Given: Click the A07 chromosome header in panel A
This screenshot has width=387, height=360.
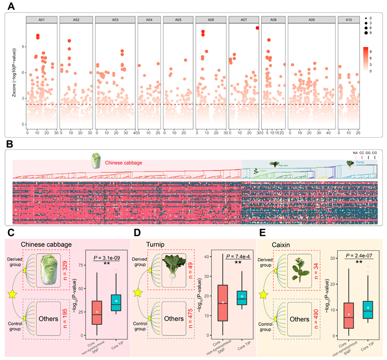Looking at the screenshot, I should [243, 20].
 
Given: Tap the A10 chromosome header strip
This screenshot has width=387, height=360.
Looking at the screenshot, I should [349, 20].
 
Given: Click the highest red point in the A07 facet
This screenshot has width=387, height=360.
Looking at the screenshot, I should [257, 28].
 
